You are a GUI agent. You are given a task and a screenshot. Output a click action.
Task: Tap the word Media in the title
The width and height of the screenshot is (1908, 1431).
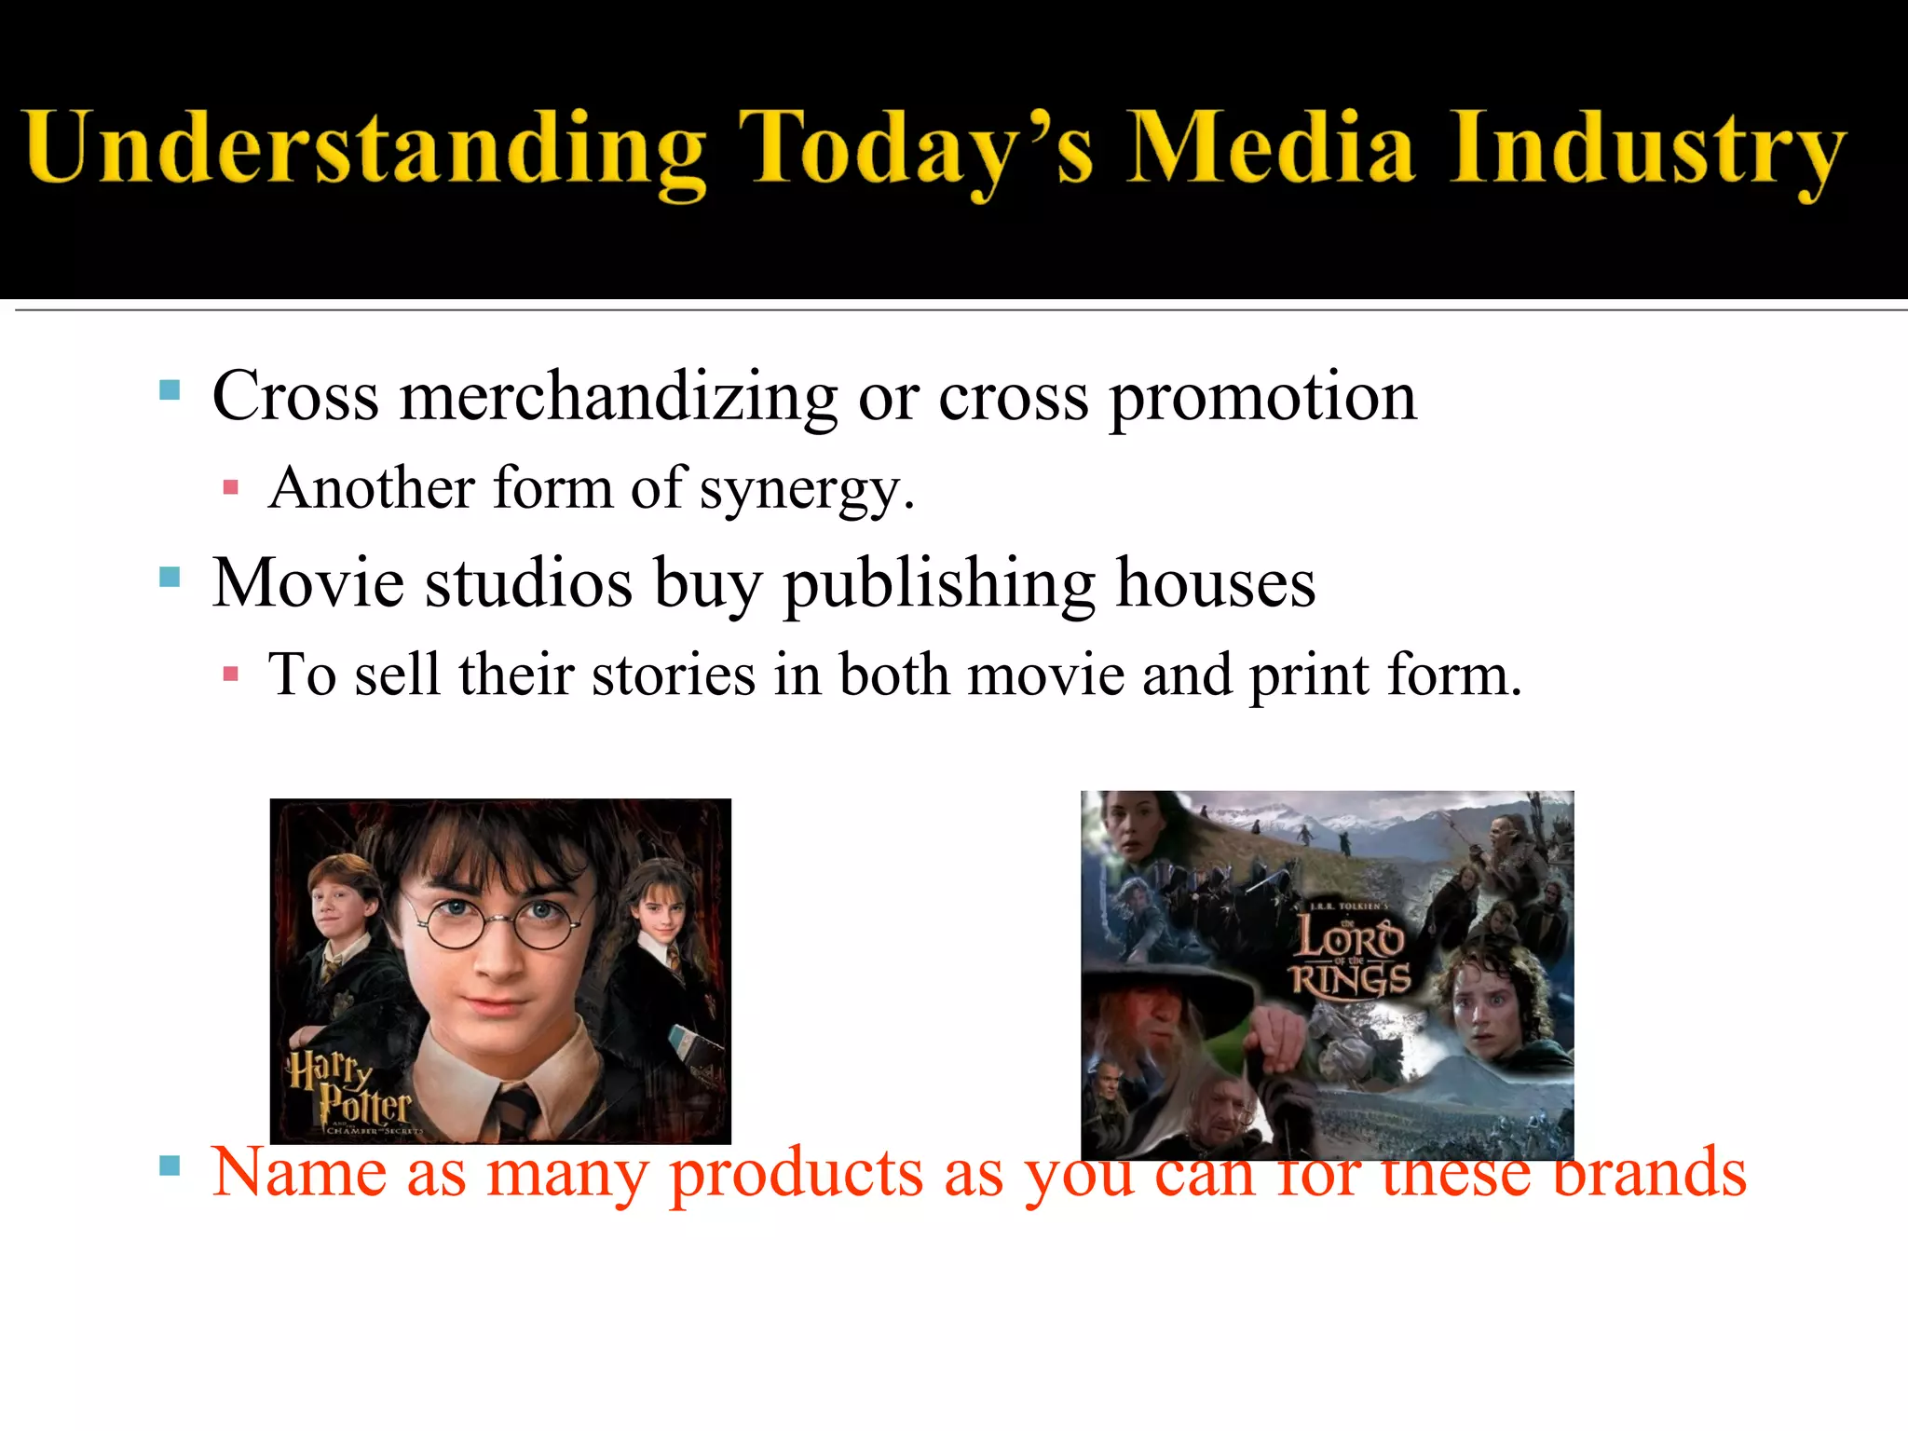1271,147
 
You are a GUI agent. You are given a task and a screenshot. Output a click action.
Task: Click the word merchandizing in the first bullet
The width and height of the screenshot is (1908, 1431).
619,399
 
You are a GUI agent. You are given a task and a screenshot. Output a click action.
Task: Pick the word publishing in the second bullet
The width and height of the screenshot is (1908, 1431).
938,585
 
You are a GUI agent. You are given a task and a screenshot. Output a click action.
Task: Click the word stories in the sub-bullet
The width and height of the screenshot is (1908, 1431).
674,675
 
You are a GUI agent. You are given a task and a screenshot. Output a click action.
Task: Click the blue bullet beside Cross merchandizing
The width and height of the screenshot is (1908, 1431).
170,389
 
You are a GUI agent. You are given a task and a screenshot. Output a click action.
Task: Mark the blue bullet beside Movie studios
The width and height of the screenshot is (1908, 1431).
170,578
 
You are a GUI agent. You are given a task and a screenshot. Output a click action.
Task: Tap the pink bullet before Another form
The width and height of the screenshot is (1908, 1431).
231,487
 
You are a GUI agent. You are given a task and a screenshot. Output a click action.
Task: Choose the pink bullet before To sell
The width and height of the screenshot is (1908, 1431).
231,674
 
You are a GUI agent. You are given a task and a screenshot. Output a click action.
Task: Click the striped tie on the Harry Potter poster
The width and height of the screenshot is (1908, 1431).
515,1113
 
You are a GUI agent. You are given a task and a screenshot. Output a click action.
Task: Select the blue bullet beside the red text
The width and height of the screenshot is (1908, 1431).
170,1165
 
